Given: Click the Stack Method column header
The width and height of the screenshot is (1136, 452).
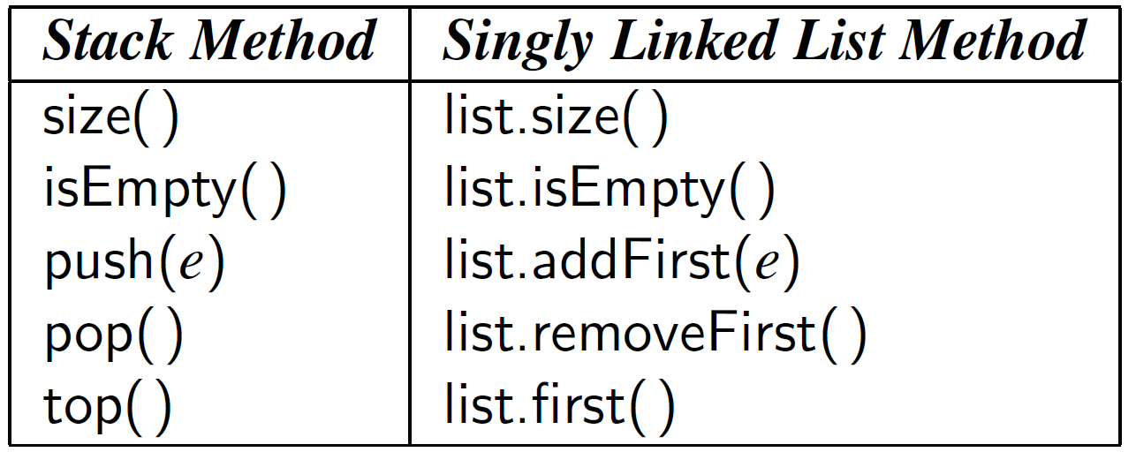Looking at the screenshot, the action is click(209, 42).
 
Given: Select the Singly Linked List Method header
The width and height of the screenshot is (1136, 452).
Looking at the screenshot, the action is click(763, 42).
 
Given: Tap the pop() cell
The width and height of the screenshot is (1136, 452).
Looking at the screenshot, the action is click(113, 333).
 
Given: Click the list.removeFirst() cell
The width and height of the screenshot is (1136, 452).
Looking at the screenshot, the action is click(655, 333).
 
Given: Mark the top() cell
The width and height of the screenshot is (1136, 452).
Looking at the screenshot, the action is click(107, 403).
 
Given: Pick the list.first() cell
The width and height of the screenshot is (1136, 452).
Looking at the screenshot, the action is click(559, 403).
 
